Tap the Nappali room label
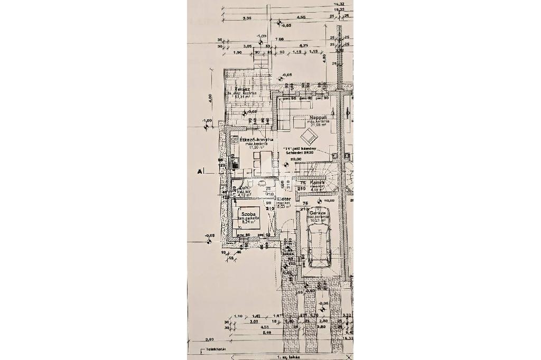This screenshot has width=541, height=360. tap(319, 117)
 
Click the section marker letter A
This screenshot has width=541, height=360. tap(200, 172)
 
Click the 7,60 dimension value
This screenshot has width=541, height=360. tap(280, 38)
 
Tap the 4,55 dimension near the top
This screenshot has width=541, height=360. tap(301, 18)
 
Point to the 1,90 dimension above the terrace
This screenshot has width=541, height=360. tap(237, 53)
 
